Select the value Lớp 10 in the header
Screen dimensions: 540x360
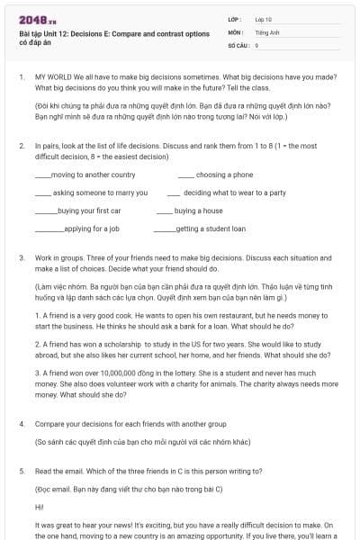[264, 19]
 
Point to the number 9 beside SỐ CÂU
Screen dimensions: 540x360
[256, 44]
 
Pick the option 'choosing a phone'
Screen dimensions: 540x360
[224, 175]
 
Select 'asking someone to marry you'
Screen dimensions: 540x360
[100, 193]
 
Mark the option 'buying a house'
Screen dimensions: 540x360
[198, 211]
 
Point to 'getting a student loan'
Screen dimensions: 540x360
[211, 229]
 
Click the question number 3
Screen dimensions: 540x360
[22, 257]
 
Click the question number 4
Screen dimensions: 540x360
[22, 422]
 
